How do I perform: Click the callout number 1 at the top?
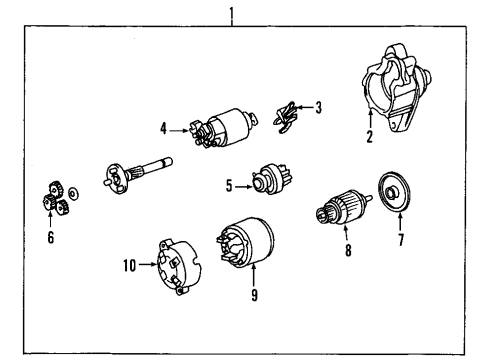click(x=233, y=13)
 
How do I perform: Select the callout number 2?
click(x=370, y=138)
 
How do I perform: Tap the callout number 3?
click(x=319, y=108)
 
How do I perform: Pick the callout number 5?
click(x=230, y=184)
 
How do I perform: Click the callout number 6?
click(x=49, y=238)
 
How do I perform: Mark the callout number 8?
click(x=348, y=252)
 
